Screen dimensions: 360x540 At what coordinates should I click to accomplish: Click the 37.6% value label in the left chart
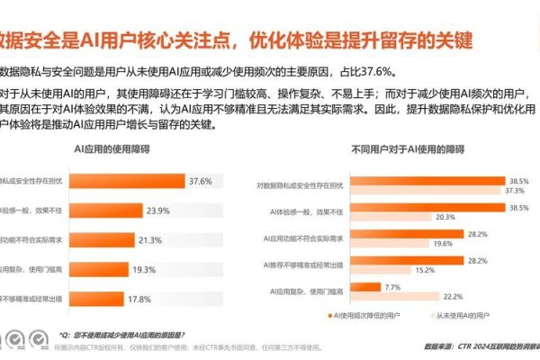point(200,181)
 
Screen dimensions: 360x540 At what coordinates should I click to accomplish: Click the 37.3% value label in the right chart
point(513,191)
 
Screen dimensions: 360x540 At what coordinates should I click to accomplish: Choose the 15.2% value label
point(425,268)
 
